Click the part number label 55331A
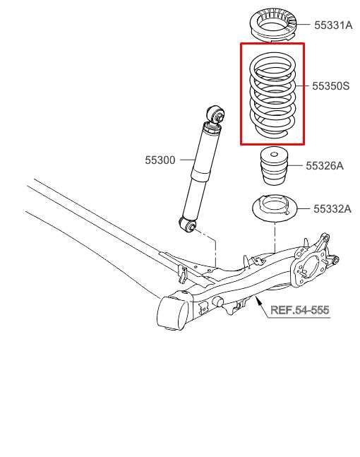(333, 25)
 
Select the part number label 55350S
(330, 86)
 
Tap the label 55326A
(325, 166)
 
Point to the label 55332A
(332, 209)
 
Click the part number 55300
(160, 160)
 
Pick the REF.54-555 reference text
(300, 310)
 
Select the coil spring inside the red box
(273, 96)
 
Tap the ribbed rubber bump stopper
(273, 166)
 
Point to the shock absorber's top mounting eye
(215, 114)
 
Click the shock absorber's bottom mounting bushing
(188, 224)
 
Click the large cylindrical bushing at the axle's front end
(172, 313)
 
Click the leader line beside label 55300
(187, 160)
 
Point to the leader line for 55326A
(295, 165)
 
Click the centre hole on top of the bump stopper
(274, 154)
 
